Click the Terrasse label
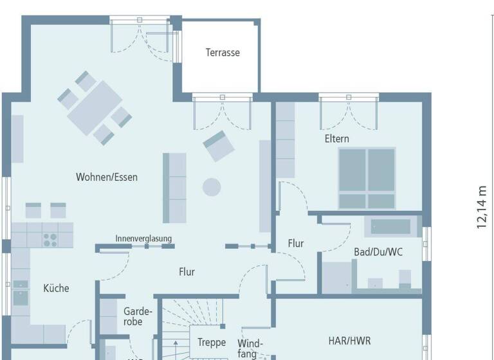223,53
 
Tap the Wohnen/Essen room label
107,177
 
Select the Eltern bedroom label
336,139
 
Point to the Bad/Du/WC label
378,251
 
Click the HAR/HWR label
349,340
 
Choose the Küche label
56,288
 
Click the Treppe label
212,342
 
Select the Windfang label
250,348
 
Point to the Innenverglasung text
143,239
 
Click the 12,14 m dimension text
481,207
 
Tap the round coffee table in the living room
212,187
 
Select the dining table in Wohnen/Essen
95,107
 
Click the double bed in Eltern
367,177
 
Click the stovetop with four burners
50,239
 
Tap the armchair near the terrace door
219,147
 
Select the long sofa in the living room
174,188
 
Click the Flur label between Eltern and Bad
296,244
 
